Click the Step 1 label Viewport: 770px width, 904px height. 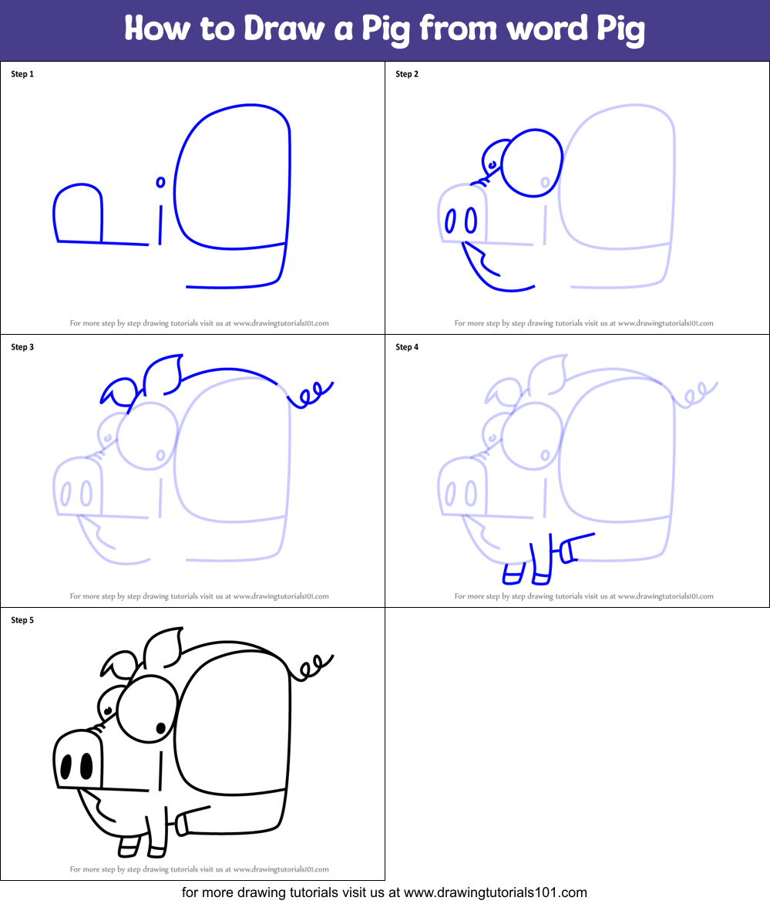click(22, 74)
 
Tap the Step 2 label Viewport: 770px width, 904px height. click(407, 74)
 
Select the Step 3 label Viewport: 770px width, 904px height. click(22, 347)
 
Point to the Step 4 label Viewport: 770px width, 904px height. click(407, 347)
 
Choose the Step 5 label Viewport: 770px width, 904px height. click(22, 620)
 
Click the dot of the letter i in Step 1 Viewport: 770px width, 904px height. click(160, 182)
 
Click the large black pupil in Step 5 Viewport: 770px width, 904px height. click(161, 727)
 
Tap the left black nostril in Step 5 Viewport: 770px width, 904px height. click(66, 767)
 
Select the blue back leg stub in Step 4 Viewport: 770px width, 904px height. click(568, 550)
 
